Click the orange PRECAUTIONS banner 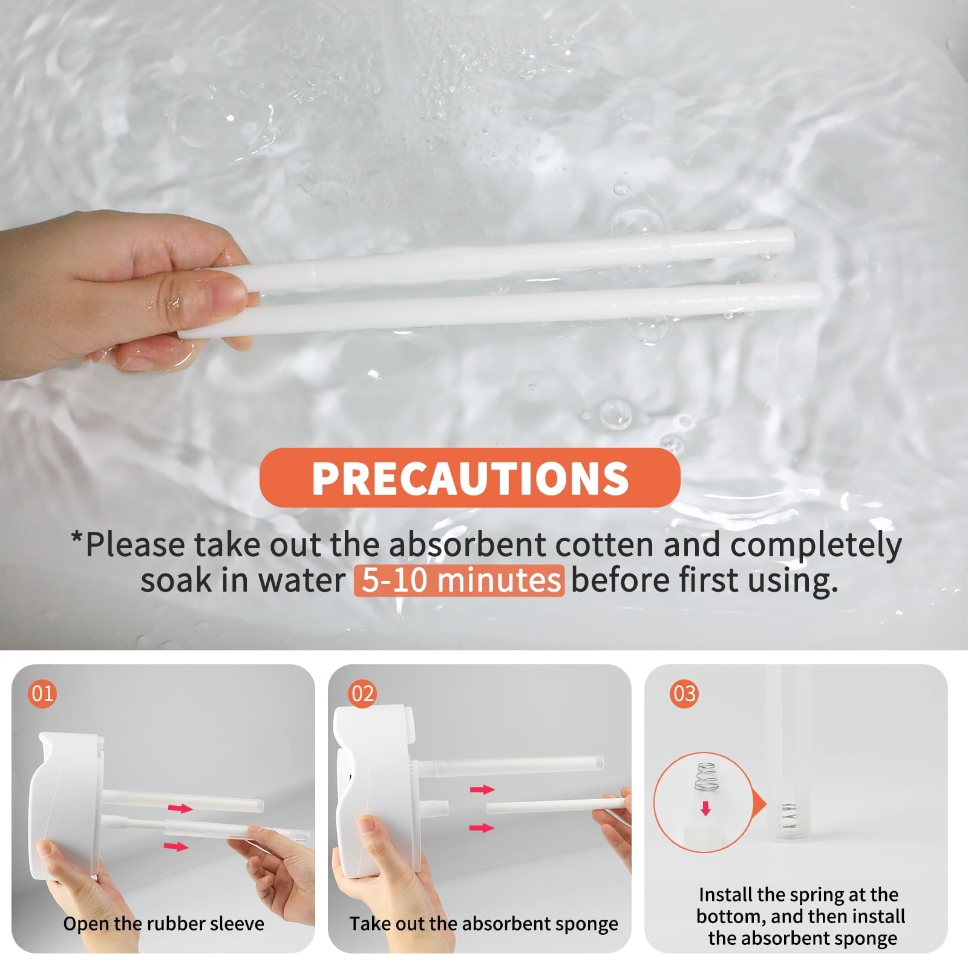(469, 477)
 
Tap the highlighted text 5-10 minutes (459, 580)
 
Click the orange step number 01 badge (42, 693)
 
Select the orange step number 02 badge (362, 693)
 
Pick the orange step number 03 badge (684, 693)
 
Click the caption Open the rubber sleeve (163, 924)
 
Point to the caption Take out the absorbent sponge (483, 924)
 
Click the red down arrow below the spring (705, 808)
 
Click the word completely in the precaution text (816, 544)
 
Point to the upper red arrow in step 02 (482, 789)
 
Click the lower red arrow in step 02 (482, 827)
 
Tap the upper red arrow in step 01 (180, 808)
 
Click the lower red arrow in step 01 (176, 846)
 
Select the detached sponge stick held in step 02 (557, 806)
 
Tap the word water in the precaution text (301, 580)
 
